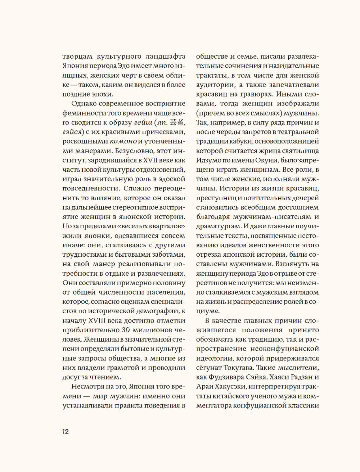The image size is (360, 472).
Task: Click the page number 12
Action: pos(65,432)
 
